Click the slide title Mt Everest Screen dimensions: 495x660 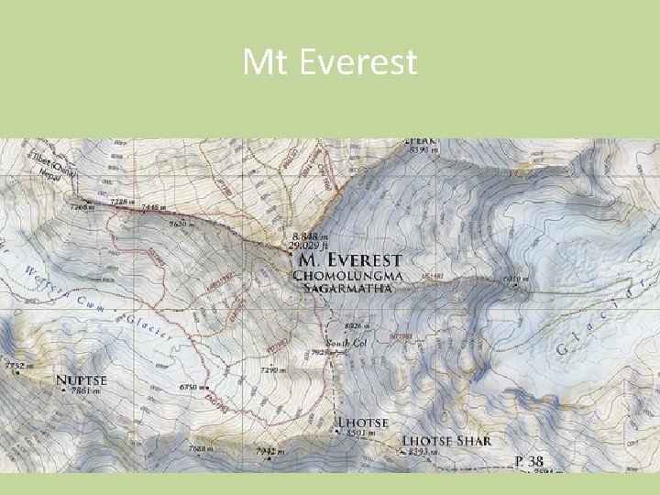coord(330,62)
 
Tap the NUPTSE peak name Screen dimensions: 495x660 coord(82,379)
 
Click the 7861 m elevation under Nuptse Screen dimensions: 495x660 coord(81,391)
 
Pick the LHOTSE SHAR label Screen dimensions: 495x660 coord(446,441)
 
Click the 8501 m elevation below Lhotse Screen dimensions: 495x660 coord(361,434)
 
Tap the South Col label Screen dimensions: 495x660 coord(346,343)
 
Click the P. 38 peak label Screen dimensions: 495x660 coord(531,461)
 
